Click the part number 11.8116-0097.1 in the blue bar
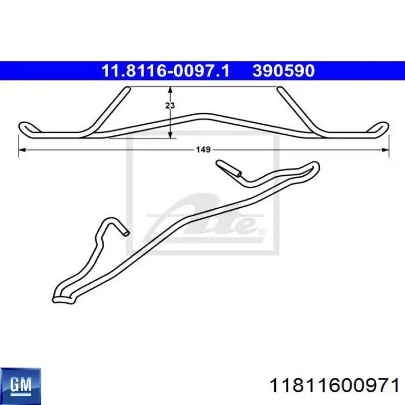165,71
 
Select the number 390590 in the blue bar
283,71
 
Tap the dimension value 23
170,105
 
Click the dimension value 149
203,149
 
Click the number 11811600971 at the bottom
334,386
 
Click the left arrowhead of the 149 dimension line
22,150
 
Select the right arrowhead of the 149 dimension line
386,150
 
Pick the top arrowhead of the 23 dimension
170,90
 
